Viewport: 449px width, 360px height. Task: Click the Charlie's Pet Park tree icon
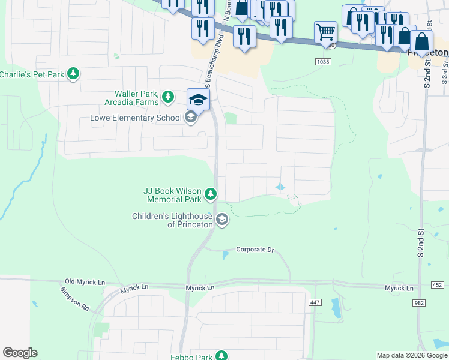click(73, 74)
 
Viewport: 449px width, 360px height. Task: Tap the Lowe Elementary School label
click(135, 118)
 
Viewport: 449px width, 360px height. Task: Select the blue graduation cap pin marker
click(198, 100)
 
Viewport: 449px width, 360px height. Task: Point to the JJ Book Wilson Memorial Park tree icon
click(210, 193)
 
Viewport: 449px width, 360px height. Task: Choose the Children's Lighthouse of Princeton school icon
click(222, 220)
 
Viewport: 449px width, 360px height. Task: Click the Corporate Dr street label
click(255, 249)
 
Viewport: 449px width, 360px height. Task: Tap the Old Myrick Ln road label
click(85, 281)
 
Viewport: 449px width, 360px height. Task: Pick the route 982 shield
click(420, 304)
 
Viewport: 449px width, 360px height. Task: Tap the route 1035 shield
click(322, 61)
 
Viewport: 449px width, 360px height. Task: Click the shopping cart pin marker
click(325, 32)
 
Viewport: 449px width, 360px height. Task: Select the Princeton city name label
click(427, 52)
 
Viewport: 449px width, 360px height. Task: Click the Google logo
click(20, 353)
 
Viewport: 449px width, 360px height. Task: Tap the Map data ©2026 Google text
click(412, 355)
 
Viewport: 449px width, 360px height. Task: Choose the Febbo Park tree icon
click(222, 356)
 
